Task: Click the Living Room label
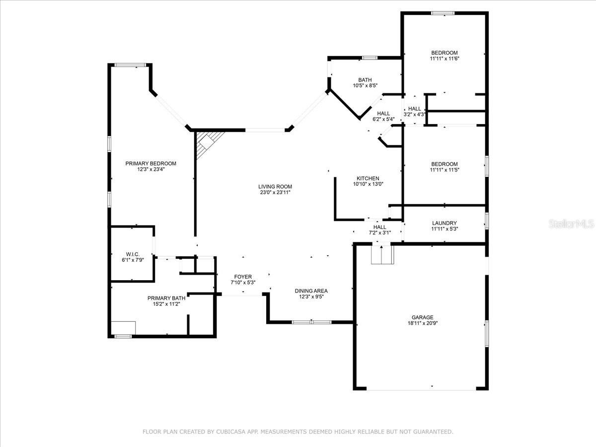coord(275,186)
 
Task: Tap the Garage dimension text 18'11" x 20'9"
coord(423,323)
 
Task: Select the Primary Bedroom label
coord(150,163)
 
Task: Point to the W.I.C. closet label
coord(133,254)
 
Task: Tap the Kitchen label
coord(368,178)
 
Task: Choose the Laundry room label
coord(445,223)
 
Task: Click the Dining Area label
coord(311,291)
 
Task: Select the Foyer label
coord(243,277)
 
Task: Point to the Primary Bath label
coord(166,298)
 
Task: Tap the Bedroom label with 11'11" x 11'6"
coord(445,53)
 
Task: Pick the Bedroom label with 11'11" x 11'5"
coord(445,164)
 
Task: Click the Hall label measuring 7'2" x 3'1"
coord(379,227)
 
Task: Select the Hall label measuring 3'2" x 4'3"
coord(415,109)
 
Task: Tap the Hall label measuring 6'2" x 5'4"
coord(383,113)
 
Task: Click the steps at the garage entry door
coord(382,254)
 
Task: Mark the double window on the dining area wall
coord(311,322)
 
